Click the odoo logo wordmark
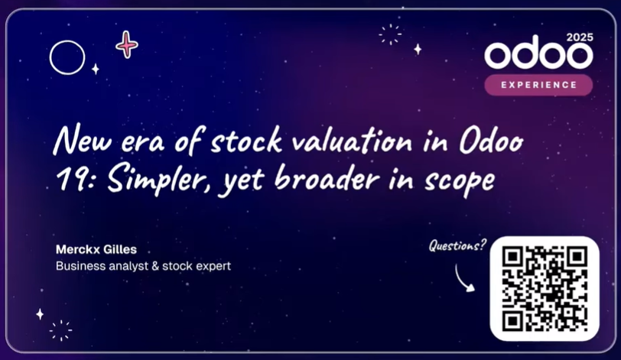pyautogui.click(x=538, y=54)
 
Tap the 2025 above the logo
pyautogui.click(x=580, y=37)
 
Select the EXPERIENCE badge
pyautogui.click(x=538, y=85)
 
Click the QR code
pyautogui.click(x=545, y=288)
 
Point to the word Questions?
pyautogui.click(x=457, y=245)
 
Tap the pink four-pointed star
pyautogui.click(x=127, y=44)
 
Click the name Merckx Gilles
pyautogui.click(x=96, y=250)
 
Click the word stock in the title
pyautogui.click(x=246, y=141)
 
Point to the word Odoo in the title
pyautogui.click(x=492, y=141)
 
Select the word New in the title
pyautogui.click(x=83, y=140)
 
